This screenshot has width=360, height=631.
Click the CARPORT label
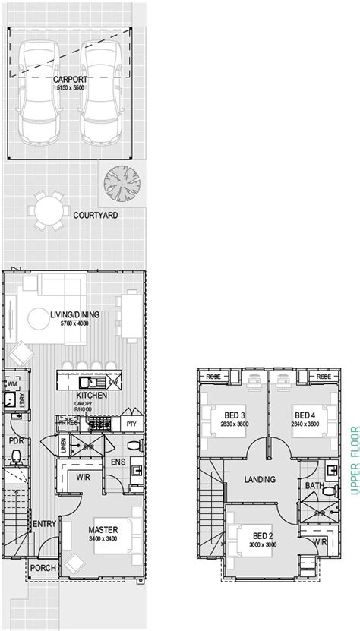(70, 79)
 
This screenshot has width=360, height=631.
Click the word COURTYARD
(95, 216)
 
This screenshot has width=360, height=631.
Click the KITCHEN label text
(90, 396)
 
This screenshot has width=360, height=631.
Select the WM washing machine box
(12, 386)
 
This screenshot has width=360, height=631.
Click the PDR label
(15, 440)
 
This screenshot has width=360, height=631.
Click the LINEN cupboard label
(63, 447)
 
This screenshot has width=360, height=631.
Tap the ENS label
(118, 461)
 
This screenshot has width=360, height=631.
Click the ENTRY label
(43, 524)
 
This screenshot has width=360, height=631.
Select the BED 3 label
(235, 415)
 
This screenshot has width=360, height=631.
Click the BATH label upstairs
(314, 485)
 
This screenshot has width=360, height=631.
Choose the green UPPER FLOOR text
(352, 461)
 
